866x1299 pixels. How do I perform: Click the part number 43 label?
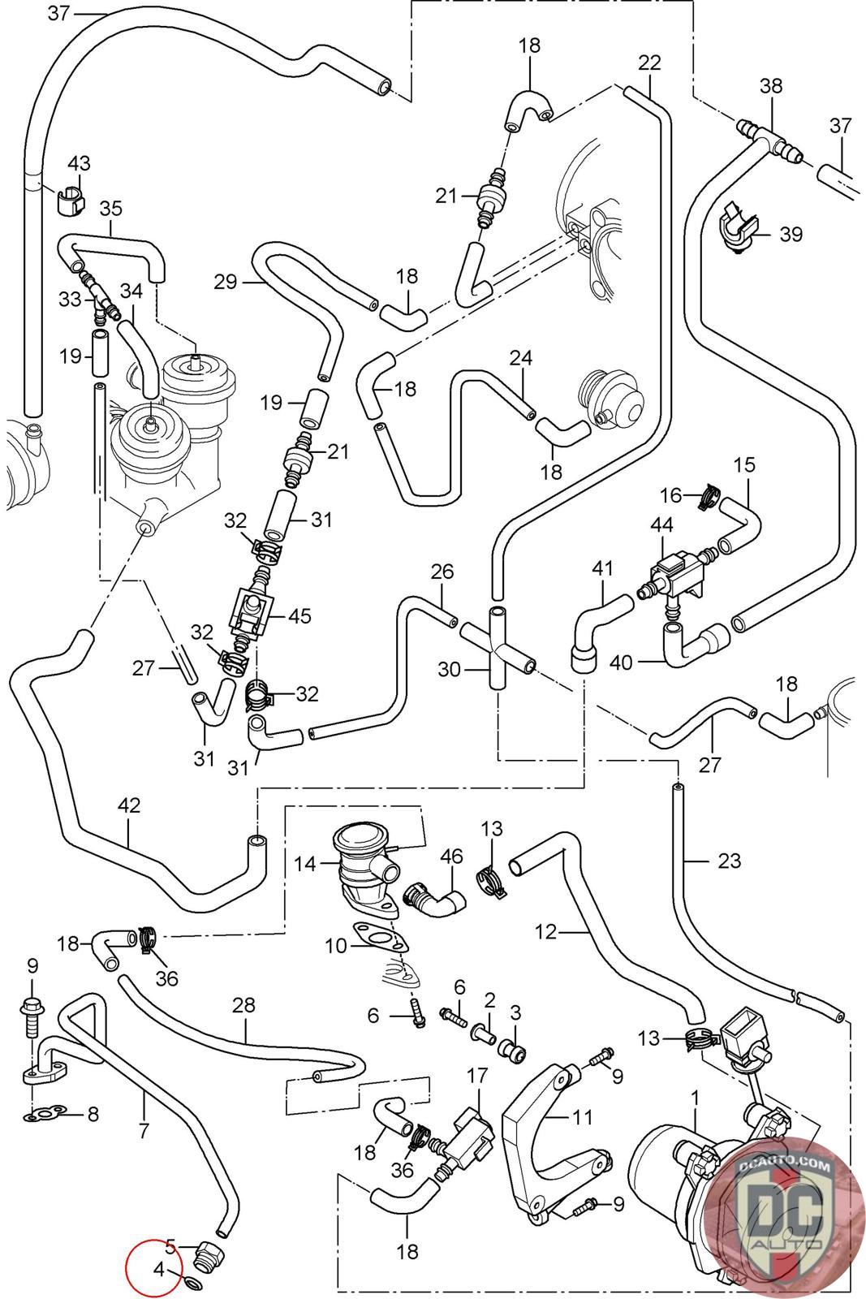tap(79, 164)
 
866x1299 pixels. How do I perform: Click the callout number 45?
tap(299, 615)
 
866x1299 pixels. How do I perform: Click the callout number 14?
tap(305, 864)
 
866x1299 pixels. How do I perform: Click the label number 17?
tap(476, 1076)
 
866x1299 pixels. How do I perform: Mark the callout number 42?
tap(129, 805)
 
